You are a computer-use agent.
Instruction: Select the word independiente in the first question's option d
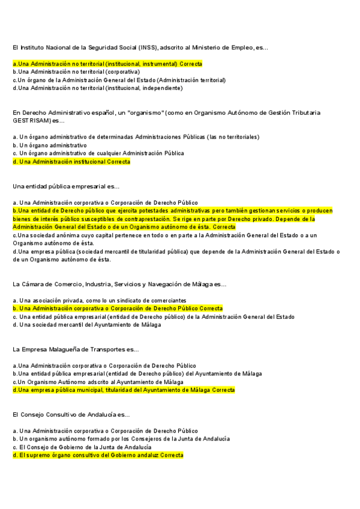click(163, 88)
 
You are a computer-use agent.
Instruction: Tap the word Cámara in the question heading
click(32, 284)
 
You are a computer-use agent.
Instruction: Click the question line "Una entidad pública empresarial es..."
click(66, 187)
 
